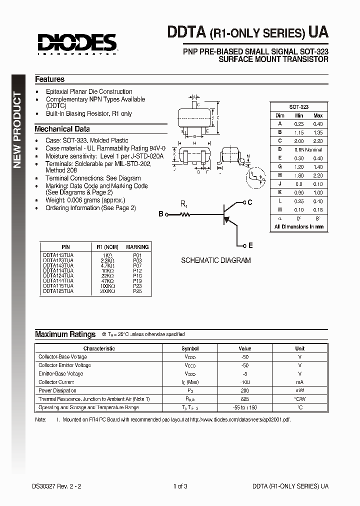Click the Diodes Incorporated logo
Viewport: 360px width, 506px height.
(75, 42)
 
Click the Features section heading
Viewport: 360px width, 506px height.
(49, 79)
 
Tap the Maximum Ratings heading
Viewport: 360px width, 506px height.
(65, 334)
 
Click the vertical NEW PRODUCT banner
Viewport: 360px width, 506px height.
(18, 130)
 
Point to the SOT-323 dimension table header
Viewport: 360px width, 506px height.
(298, 107)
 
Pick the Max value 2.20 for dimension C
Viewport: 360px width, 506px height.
(317, 140)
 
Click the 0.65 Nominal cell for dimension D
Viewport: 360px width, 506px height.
(308, 149)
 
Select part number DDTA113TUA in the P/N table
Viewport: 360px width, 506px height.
(58, 255)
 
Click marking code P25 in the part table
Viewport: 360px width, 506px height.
(137, 291)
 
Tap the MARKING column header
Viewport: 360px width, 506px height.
(137, 247)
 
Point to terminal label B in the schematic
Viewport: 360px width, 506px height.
(161, 214)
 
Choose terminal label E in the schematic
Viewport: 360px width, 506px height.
(250, 245)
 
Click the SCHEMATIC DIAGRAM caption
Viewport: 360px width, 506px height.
(215, 260)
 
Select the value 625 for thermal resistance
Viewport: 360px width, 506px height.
(245, 399)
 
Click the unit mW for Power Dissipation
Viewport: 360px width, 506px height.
(299, 390)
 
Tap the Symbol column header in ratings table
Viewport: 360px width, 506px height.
(190, 348)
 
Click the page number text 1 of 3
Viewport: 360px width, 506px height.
(180, 486)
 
